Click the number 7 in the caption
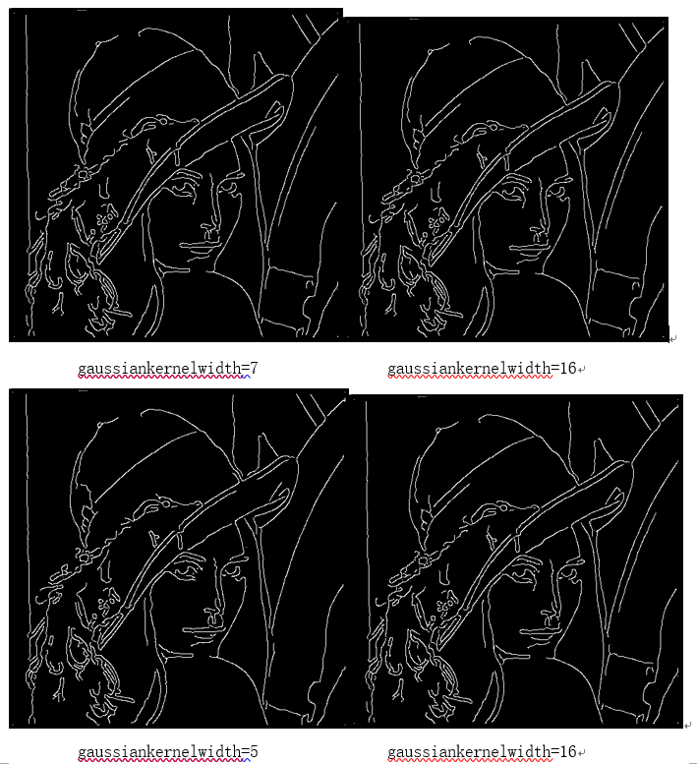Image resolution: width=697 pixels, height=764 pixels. coord(254,368)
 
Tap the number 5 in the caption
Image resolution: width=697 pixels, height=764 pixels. coord(254,751)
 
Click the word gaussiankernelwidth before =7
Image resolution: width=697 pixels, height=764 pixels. coord(159,369)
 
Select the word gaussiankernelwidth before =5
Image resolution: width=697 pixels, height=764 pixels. coord(159,752)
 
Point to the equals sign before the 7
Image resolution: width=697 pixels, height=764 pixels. coord(245,369)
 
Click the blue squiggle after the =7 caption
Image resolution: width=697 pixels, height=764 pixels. coord(246,377)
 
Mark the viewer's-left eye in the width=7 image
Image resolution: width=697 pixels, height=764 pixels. coord(184,188)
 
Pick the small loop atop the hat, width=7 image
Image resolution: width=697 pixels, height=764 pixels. coord(99,44)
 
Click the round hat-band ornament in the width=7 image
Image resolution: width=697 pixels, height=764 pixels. coord(83,174)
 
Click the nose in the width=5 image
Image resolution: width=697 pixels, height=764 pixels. coord(213,614)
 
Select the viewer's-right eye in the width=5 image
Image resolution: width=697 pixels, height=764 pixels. coord(231,571)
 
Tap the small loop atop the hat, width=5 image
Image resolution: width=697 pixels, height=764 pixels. coord(101,426)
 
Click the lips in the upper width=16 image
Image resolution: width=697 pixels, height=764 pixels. coord(530,250)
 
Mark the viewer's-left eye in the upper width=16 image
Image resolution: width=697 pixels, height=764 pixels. coord(512,189)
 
